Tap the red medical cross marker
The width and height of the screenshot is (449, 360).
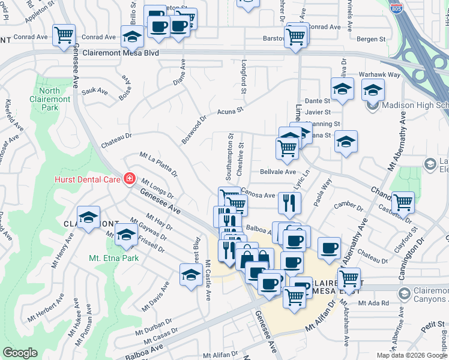pyautogui.click(x=129, y=179)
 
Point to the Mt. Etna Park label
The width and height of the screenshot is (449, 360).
pyautogui.click(x=113, y=259)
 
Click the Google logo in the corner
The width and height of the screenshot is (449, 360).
pyautogui.click(x=20, y=353)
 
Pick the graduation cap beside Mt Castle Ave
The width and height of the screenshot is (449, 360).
pyautogui.click(x=191, y=275)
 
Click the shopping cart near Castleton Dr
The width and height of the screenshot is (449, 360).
pyautogui.click(x=402, y=202)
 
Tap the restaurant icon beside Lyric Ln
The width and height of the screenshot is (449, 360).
pyautogui.click(x=289, y=203)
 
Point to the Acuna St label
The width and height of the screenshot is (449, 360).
pyautogui.click(x=229, y=110)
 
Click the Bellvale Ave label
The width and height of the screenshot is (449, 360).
pyautogui.click(x=278, y=172)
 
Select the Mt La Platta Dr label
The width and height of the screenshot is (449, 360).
pyautogui.click(x=158, y=164)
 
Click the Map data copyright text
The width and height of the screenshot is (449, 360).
pyautogui.click(x=411, y=355)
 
